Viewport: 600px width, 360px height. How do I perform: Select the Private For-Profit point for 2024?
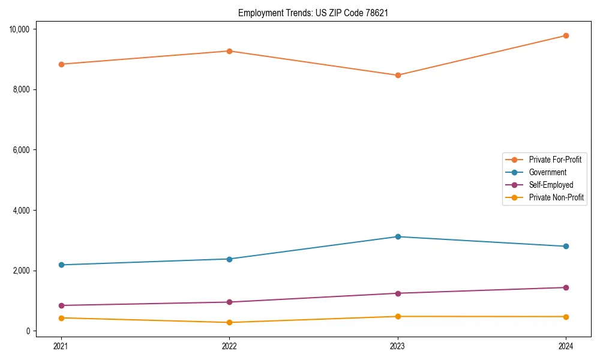[x=566, y=35]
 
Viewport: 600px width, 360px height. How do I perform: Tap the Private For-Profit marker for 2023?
[x=398, y=75]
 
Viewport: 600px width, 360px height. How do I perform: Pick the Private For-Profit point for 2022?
[x=229, y=51]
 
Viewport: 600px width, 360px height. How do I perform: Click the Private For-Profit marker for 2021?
[x=61, y=64]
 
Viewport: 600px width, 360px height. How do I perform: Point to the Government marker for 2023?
[x=398, y=236]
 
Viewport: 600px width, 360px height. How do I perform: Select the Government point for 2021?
[x=61, y=265]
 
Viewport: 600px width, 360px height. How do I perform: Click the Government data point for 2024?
[x=566, y=246]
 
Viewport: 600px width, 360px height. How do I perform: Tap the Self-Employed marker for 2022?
[x=229, y=302]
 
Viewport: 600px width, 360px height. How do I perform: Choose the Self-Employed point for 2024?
[x=566, y=287]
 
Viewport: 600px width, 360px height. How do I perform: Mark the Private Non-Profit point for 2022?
[x=229, y=322]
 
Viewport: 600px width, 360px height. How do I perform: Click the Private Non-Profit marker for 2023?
[x=398, y=316]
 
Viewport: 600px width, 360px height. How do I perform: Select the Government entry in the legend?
[x=547, y=172]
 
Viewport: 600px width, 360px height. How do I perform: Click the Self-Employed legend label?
[x=551, y=185]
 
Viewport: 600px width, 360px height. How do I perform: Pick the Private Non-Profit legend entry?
[x=556, y=197]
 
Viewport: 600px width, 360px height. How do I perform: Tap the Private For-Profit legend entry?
[x=555, y=160]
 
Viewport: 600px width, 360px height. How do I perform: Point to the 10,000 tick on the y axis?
[x=23, y=29]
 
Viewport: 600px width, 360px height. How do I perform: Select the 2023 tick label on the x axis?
[x=398, y=346]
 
